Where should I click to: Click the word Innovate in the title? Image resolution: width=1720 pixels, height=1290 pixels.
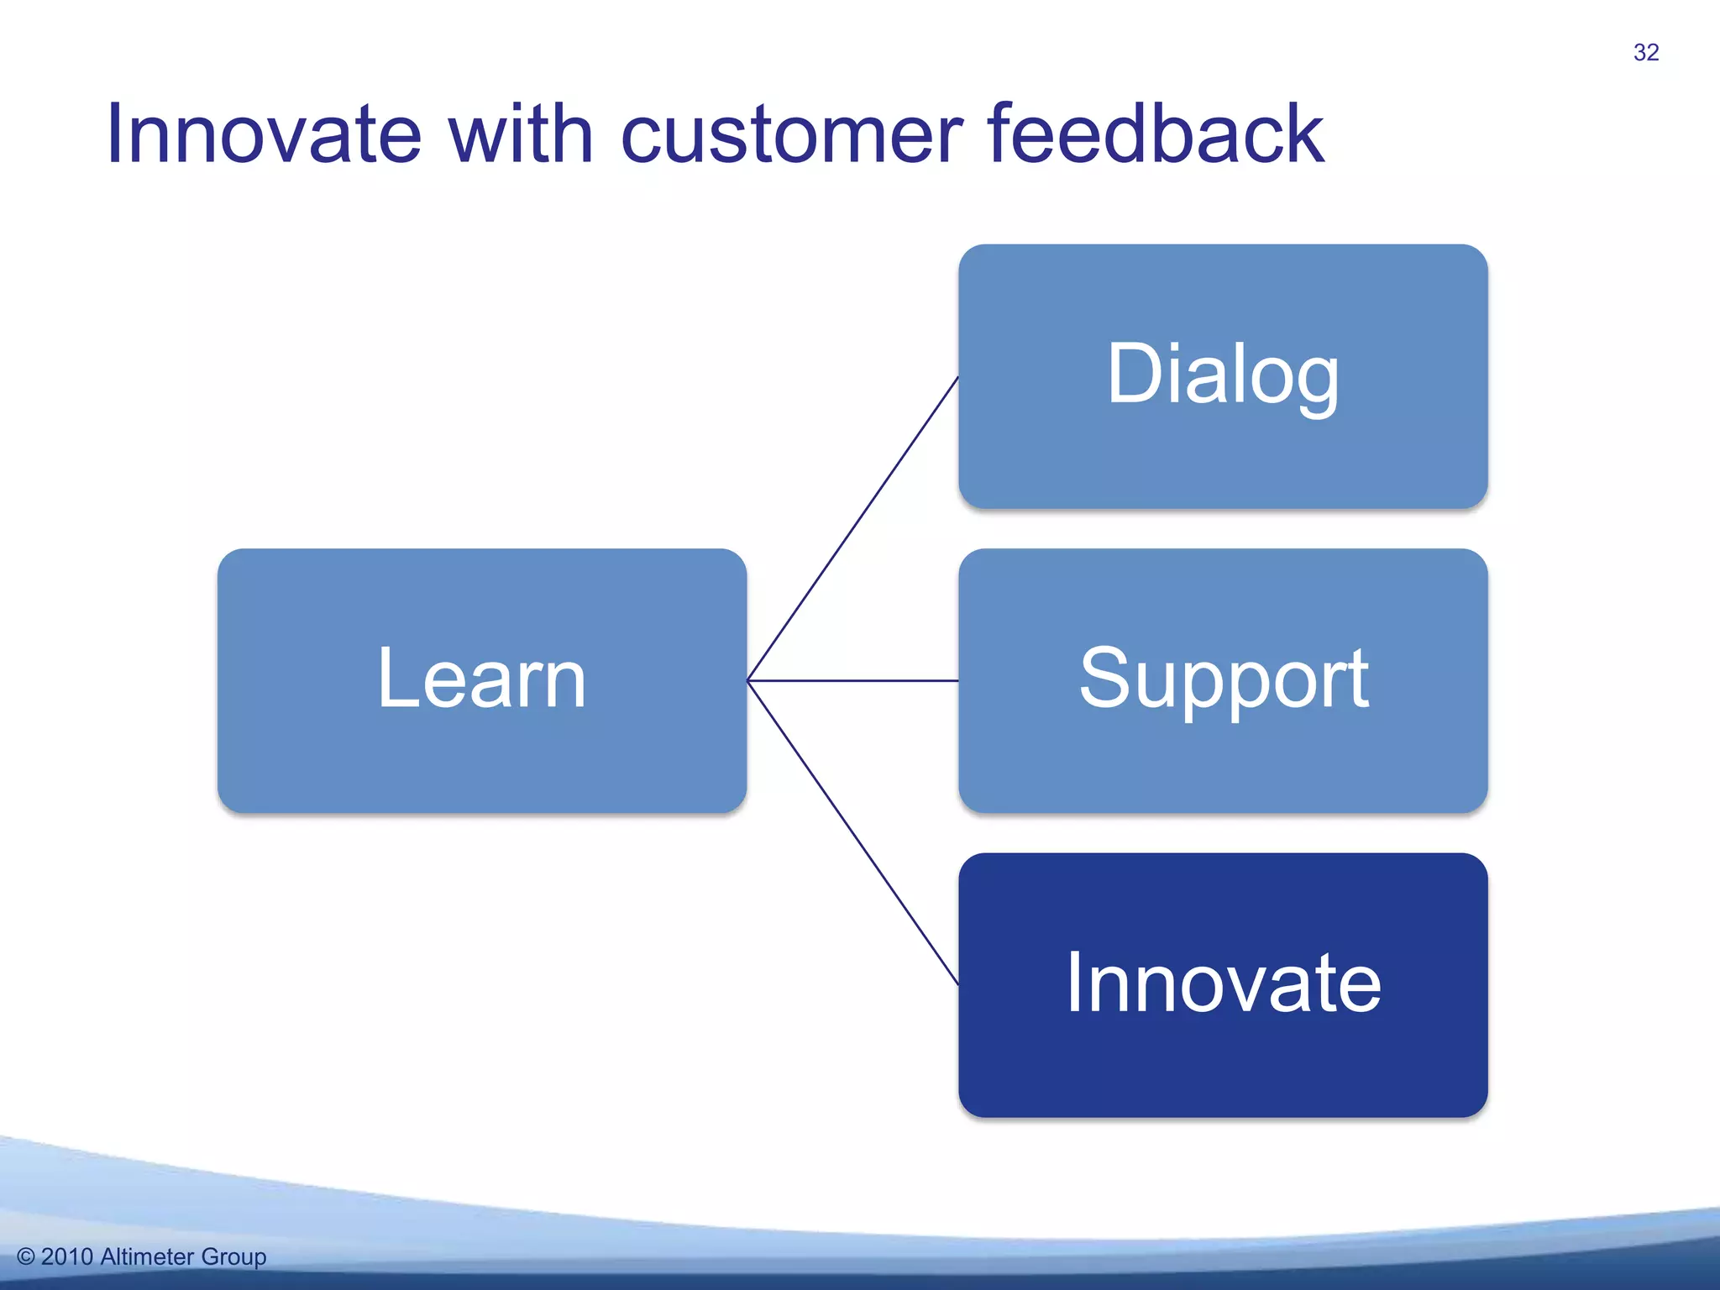pos(263,134)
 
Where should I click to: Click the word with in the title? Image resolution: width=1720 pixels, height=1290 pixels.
pos(521,134)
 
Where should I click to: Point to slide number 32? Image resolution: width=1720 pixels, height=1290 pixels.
pos(1646,52)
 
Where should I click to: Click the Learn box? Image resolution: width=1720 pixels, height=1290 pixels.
pos(481,680)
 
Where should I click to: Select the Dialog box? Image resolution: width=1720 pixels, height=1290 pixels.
pos(1223,375)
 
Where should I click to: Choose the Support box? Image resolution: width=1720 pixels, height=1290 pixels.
pos(1223,680)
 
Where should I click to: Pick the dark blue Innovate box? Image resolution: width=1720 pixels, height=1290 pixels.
pos(1223,984)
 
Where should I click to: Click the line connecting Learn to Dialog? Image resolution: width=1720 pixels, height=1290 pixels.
pos(852,528)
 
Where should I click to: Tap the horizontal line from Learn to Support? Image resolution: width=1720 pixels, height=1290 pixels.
pos(852,680)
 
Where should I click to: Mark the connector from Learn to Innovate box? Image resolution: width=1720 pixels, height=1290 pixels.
pos(852,832)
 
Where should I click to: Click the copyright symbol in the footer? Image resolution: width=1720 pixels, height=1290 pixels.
pos(26,1257)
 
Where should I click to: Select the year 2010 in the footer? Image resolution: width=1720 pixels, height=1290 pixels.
pos(66,1257)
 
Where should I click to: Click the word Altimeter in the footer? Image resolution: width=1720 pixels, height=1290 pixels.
pos(147,1257)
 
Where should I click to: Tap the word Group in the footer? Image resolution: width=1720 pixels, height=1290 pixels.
pos(233,1257)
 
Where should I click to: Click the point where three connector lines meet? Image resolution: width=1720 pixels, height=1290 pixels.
pos(747,680)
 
